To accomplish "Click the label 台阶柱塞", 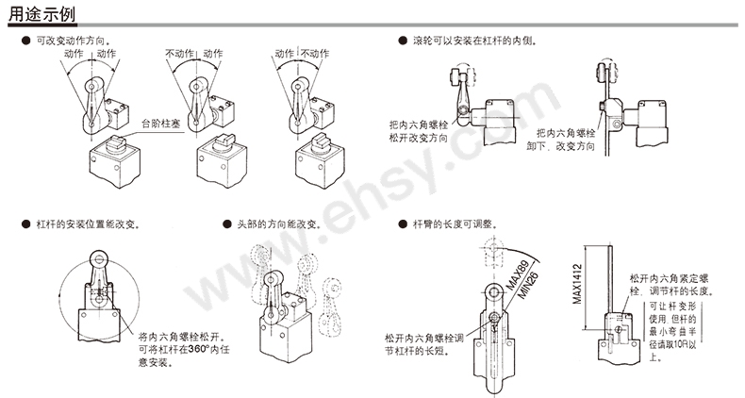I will (161, 124).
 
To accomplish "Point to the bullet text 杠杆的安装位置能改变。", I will (90, 224).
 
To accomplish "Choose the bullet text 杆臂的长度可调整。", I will (456, 224).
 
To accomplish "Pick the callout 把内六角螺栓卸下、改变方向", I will (565, 140).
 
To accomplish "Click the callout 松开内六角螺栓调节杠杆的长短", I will (423, 344).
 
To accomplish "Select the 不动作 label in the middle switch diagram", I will (181, 54).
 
